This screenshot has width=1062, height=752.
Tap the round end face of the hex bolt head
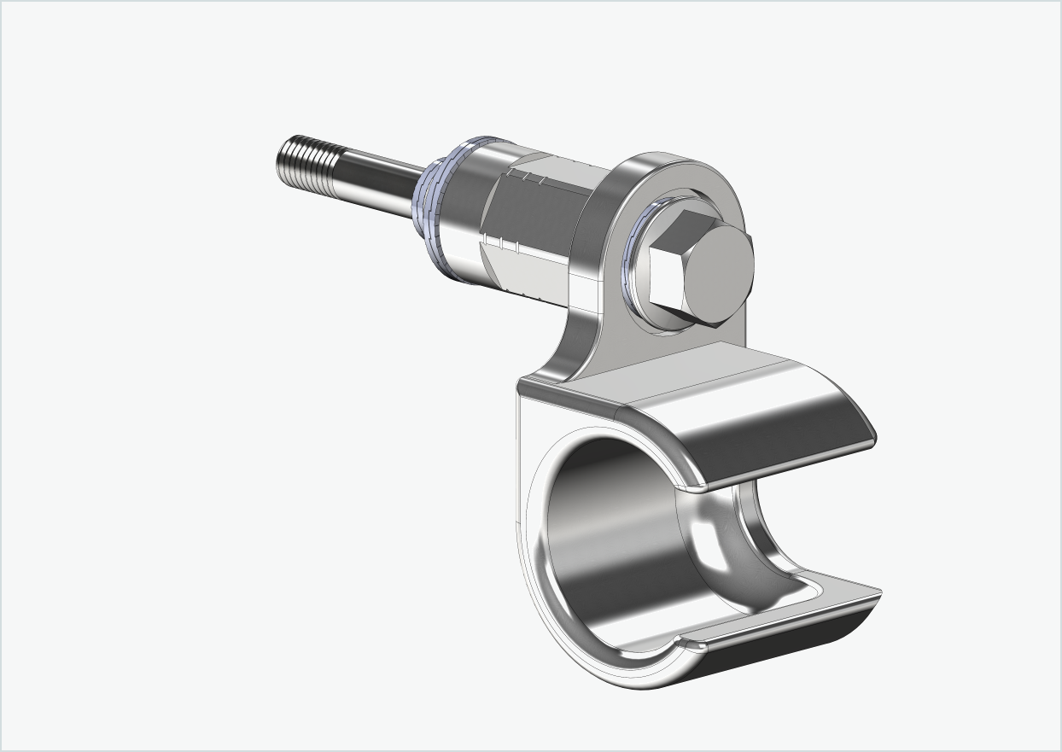pos(720,274)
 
